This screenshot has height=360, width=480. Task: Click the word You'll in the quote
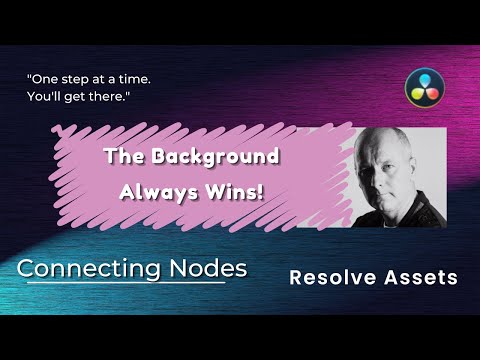44,97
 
